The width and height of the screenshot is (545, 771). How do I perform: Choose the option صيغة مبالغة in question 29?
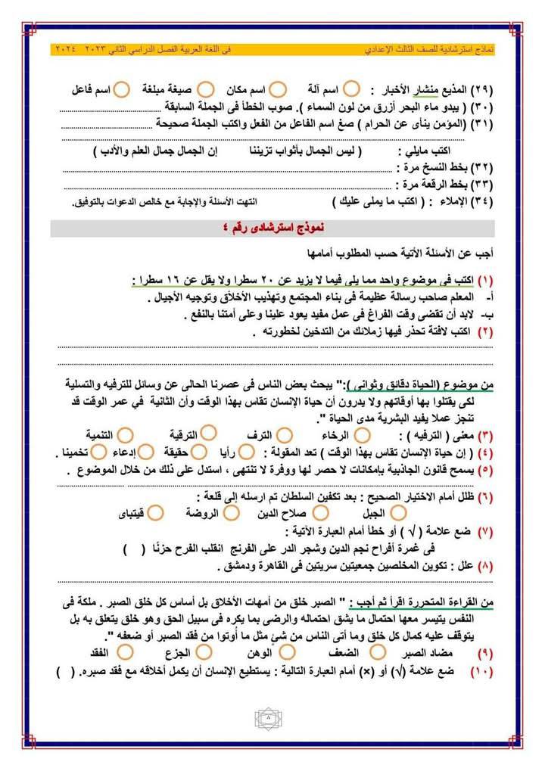tap(178, 89)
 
